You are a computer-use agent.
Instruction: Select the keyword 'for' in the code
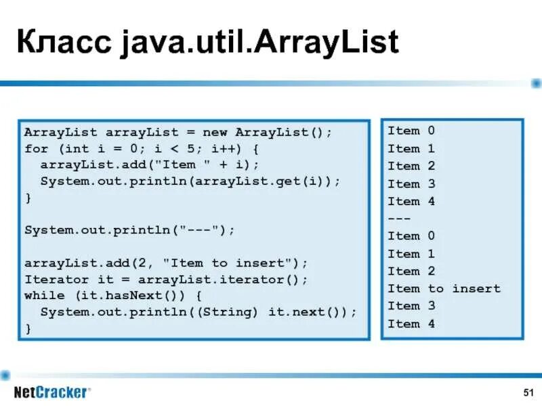click(x=36, y=148)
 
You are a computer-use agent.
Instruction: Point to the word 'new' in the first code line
click(x=215, y=131)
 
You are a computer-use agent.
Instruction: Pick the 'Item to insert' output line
click(x=443, y=289)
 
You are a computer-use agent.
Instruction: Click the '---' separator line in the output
click(x=399, y=219)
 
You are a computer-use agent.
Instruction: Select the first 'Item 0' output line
click(x=411, y=131)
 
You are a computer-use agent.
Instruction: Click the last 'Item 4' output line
click(x=411, y=323)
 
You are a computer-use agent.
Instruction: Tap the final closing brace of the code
click(x=28, y=328)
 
